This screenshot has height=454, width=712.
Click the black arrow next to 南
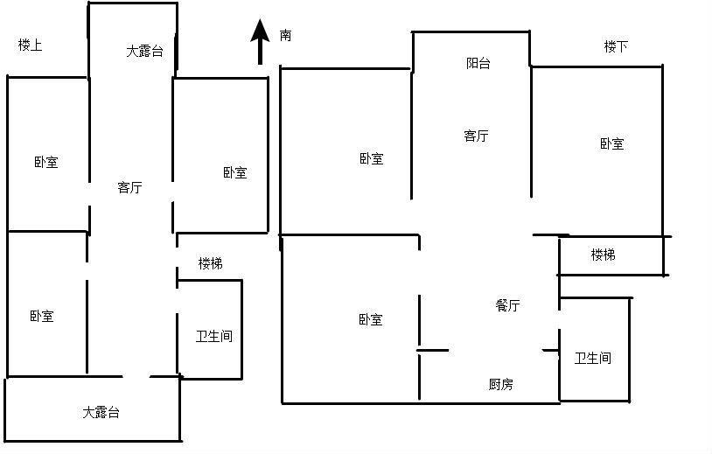tap(260, 42)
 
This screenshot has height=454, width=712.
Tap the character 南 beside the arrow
tap(285, 35)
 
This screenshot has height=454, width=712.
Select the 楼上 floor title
tap(31, 45)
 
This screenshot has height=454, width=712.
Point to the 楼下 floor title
tap(616, 46)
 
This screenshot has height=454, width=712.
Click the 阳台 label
tap(478, 63)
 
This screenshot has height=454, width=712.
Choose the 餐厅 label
tap(507, 305)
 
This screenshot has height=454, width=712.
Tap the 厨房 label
tap(501, 385)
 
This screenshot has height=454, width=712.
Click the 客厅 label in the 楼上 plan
tap(129, 187)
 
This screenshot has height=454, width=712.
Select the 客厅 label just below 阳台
tap(477, 136)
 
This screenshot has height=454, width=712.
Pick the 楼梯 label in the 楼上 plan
tap(211, 263)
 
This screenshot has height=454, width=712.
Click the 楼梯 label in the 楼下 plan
tap(603, 255)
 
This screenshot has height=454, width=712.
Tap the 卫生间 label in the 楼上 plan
tap(214, 336)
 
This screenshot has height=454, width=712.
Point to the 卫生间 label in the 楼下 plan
tap(592, 358)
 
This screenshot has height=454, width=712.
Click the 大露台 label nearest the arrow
tap(144, 51)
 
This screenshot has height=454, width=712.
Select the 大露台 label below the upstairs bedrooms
tap(101, 412)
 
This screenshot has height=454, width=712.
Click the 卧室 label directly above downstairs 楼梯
tap(612, 144)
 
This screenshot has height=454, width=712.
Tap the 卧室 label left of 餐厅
tap(371, 319)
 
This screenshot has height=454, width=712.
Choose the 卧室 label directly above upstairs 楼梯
tap(235, 172)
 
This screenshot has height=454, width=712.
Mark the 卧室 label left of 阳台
tap(372, 158)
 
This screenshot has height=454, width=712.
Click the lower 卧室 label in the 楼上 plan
tap(42, 316)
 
